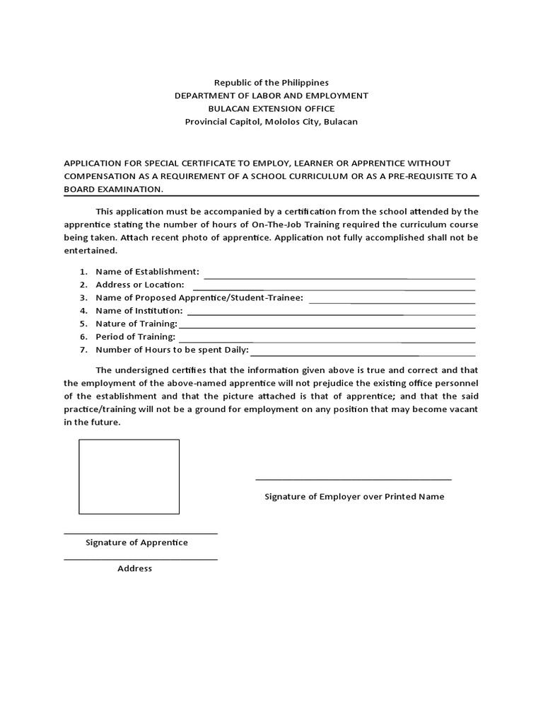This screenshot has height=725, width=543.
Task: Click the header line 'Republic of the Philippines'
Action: point(271,83)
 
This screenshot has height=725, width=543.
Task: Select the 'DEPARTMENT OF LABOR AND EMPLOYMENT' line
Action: point(271,96)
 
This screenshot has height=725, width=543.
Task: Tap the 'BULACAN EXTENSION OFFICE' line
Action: point(271,108)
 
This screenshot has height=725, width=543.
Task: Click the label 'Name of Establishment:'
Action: point(147,272)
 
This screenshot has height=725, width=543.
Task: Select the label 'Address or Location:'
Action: point(139,285)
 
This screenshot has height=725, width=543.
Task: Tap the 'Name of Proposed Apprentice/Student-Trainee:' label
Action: point(199,297)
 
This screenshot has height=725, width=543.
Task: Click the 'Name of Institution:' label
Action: point(139,311)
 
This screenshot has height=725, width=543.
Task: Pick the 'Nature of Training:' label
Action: point(136,324)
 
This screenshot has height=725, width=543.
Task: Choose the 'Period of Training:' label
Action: point(135,337)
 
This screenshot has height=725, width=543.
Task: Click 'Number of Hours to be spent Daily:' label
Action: point(172,350)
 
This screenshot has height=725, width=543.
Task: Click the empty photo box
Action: point(129,476)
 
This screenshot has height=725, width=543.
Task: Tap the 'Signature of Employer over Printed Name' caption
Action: point(354,497)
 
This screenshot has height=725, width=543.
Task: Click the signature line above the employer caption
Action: point(353,480)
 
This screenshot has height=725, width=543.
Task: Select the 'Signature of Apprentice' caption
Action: point(136,542)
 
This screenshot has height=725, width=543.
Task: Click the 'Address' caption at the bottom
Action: point(134,569)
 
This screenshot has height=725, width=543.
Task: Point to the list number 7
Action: point(83,350)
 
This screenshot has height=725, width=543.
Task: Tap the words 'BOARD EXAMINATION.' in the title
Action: point(114,189)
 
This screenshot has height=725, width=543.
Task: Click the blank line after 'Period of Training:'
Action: point(325,341)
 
